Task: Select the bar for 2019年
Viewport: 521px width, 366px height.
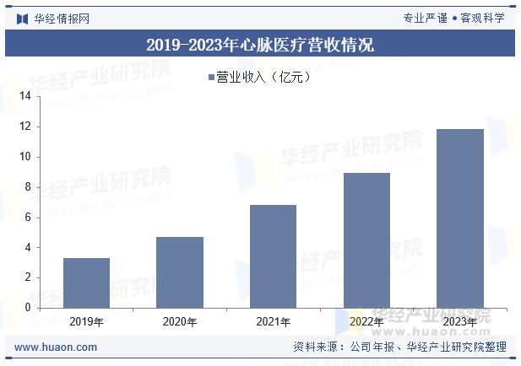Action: [x=86, y=283]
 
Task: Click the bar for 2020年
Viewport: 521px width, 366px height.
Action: [x=180, y=272]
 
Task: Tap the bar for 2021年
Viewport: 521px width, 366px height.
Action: [x=273, y=256]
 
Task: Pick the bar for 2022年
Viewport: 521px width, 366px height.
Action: [x=366, y=240]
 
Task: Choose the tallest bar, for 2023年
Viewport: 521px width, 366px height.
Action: [x=459, y=218]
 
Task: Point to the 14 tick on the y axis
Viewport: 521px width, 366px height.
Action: [x=24, y=97]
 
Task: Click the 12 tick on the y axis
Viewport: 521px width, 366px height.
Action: [x=24, y=126]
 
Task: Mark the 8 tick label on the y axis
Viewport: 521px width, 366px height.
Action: [x=27, y=187]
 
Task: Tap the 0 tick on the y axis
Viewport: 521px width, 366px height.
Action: [x=27, y=308]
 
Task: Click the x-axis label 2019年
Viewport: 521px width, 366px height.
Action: [x=86, y=321]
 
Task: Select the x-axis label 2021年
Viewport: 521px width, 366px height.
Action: [x=273, y=321]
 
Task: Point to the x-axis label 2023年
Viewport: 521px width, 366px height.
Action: [x=459, y=321]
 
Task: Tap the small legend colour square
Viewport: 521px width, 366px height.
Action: [x=211, y=78]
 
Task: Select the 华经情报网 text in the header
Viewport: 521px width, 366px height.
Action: [x=62, y=18]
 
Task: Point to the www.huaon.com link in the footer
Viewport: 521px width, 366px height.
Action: [x=57, y=347]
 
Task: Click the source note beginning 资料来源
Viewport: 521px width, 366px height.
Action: [x=399, y=347]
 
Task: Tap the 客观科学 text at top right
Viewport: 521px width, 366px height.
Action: [x=482, y=18]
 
